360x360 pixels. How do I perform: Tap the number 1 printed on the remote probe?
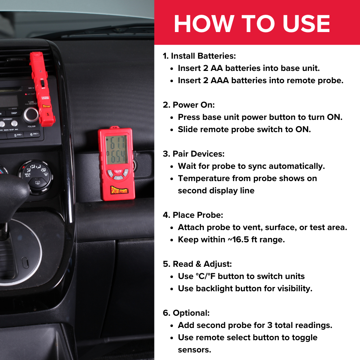pos(47,114)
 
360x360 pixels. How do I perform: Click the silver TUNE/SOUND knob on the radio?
pos(31,114)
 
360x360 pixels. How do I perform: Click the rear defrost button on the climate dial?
pos(37,183)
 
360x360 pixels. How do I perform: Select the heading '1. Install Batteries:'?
pos(199,56)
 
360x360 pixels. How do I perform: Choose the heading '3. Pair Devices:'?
pos(193,154)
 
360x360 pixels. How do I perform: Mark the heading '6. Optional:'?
pos(186,313)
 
